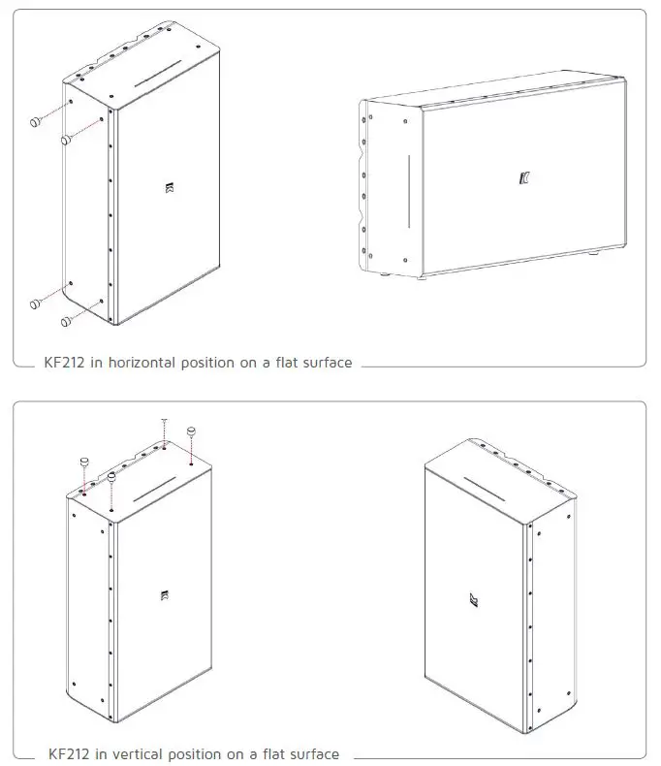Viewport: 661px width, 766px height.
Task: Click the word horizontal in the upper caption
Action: tap(126, 363)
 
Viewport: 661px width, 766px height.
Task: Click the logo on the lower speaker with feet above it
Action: tap(162, 597)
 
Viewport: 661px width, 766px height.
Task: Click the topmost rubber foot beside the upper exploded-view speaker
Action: tap(35, 121)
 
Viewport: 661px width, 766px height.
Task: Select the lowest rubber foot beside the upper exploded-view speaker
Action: tap(67, 321)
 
